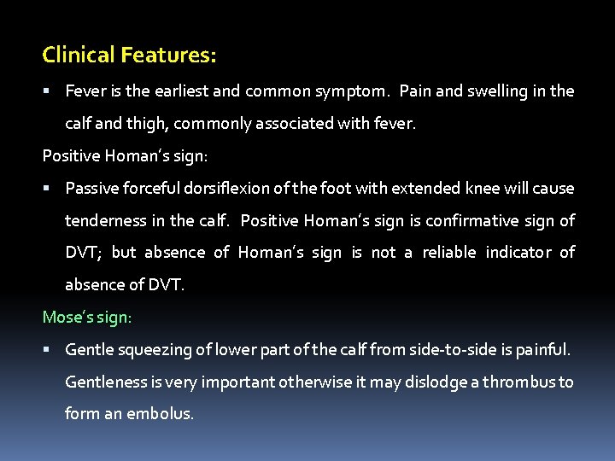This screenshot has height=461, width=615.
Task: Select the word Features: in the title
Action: tap(168, 56)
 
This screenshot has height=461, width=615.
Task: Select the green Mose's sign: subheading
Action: tap(87, 318)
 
